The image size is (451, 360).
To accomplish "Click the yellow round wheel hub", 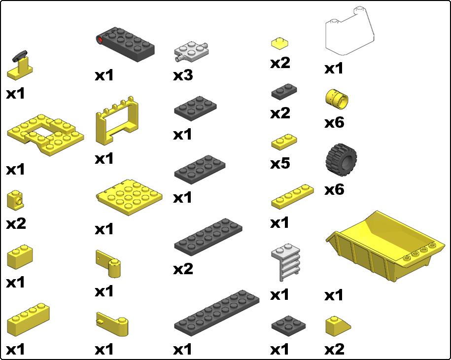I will coord(337,99).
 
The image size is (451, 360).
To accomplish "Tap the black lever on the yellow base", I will coord(20,56).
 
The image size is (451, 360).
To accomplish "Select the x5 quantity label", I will coord(280,163).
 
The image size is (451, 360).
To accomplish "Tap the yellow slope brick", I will coord(337,325).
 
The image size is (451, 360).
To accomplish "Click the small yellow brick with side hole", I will coord(16,200).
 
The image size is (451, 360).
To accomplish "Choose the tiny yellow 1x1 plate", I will coord(279,43).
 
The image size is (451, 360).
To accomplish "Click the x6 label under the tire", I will coord(334,189).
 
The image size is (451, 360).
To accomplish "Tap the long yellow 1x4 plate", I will coord(292,197).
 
